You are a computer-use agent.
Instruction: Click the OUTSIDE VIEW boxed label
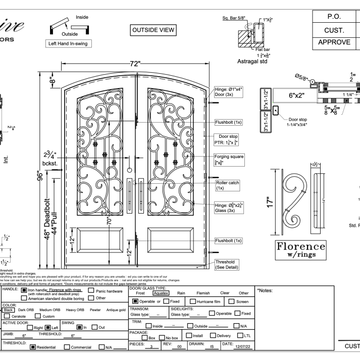click(x=152, y=30)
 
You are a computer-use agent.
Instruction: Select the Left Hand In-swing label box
click(x=68, y=43)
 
